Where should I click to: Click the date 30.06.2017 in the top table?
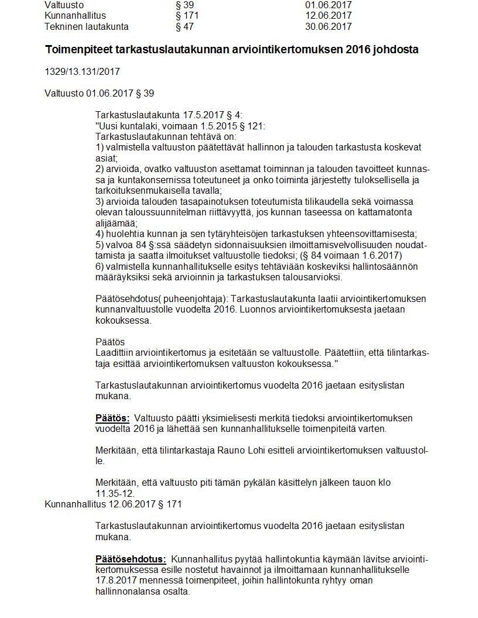click(328, 26)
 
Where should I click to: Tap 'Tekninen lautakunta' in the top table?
click(86, 26)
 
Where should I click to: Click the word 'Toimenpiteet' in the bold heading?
click(76, 50)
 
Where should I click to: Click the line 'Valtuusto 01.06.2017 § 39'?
click(99, 93)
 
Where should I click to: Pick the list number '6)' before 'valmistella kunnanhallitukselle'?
click(100, 267)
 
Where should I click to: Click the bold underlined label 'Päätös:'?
click(112, 418)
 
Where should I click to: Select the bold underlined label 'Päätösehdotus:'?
click(131, 559)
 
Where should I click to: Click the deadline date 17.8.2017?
click(116, 581)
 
